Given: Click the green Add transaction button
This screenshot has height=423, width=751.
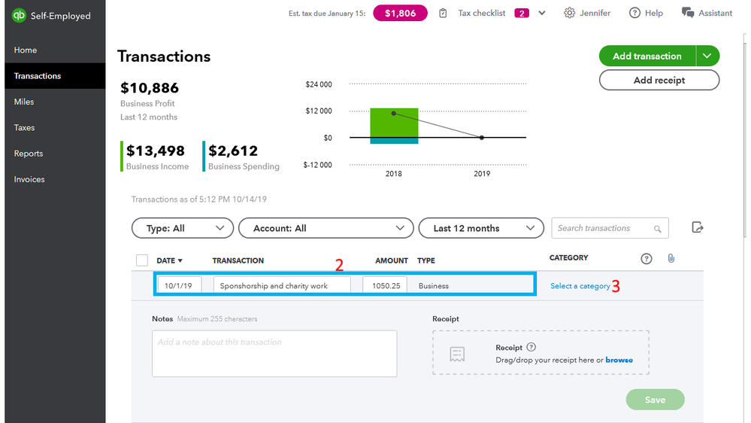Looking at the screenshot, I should [x=647, y=56].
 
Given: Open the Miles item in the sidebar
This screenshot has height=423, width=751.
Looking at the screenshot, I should [x=24, y=102].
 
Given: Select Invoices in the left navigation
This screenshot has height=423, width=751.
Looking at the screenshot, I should [x=29, y=179].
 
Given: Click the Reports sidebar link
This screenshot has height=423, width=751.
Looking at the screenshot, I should [x=29, y=154].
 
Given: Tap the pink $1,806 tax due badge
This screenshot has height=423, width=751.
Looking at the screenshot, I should [x=400, y=14].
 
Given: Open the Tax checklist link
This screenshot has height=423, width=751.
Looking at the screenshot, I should [x=481, y=14].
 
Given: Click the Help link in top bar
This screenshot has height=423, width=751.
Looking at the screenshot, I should [x=646, y=14].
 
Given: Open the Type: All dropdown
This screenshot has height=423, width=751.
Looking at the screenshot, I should [x=182, y=228].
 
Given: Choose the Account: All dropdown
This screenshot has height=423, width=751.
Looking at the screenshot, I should [x=326, y=228].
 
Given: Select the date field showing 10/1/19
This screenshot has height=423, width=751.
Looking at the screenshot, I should [x=179, y=286].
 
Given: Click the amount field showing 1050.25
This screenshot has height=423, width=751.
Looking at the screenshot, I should [x=385, y=286].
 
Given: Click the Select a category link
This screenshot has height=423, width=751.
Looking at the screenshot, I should [x=580, y=286].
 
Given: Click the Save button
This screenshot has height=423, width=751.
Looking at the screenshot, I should [x=655, y=400].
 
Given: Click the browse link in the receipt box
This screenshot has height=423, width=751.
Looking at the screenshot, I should [x=619, y=360].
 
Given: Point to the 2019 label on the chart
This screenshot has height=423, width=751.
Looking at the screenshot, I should [x=482, y=174].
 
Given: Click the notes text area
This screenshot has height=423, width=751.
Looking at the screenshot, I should [x=274, y=353].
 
